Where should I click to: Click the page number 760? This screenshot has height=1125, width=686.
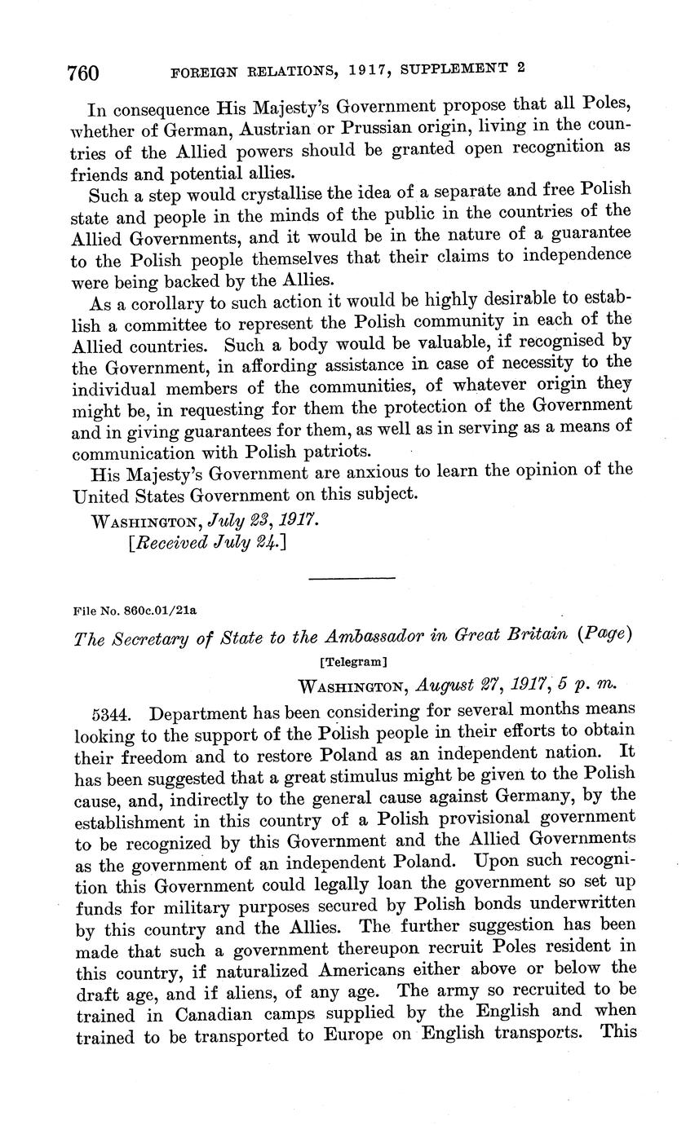click(82, 73)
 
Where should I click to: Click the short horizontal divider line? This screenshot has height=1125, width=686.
click(352, 579)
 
